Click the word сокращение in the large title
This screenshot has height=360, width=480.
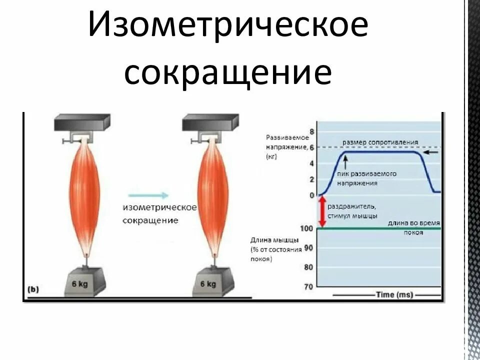pos(227,74)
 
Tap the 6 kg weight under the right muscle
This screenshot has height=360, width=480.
pos(209,283)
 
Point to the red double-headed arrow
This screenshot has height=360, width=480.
pos(322,211)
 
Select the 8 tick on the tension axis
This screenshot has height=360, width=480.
pos(312,132)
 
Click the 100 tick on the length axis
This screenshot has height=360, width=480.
pos(307,228)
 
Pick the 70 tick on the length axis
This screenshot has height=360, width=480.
pos(308,286)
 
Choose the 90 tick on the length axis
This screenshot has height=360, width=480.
pos(308,248)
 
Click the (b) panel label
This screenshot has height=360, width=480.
pos(33,288)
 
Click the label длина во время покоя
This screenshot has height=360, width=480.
pos(414,227)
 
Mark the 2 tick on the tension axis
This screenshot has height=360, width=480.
pos(312,179)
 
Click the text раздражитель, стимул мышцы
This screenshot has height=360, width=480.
pos(352,210)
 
